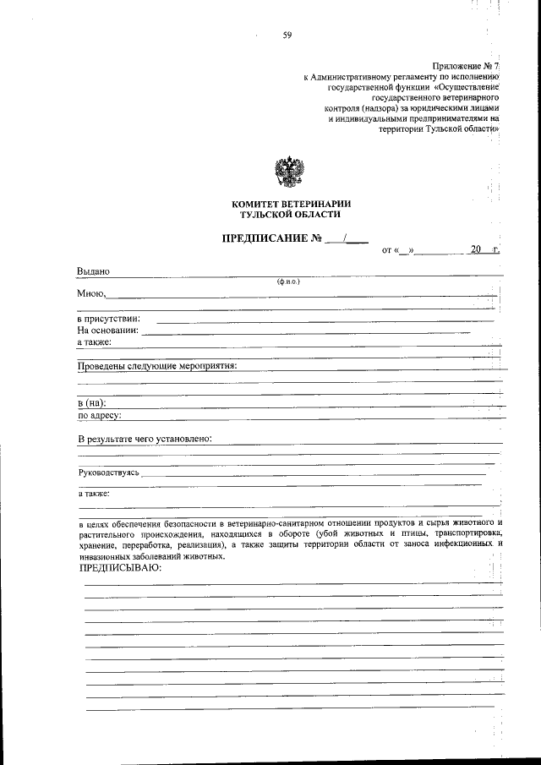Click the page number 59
(x=287, y=35)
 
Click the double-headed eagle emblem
(x=291, y=172)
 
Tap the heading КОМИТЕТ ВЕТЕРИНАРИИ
(x=291, y=204)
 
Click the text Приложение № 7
(x=467, y=65)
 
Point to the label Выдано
(x=94, y=271)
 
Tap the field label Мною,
(x=91, y=293)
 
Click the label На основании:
(x=107, y=331)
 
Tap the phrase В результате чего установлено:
(x=145, y=439)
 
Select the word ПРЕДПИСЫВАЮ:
(x=119, y=568)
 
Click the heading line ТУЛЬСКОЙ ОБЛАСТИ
(x=291, y=216)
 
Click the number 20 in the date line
(x=476, y=250)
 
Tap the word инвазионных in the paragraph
(x=103, y=556)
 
